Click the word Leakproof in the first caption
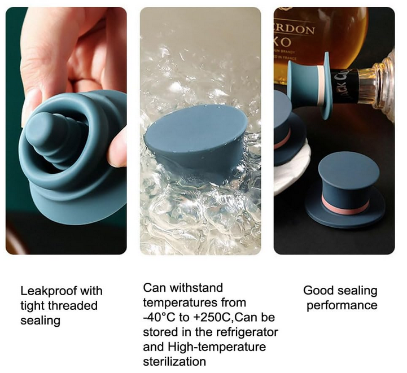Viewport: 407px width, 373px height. (x=48, y=291)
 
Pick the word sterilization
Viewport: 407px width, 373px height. (x=174, y=362)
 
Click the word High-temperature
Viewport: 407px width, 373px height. (x=217, y=347)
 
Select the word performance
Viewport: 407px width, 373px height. (x=342, y=305)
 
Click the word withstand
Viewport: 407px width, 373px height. (x=196, y=288)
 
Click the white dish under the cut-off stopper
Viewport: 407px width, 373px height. (x=291, y=171)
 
